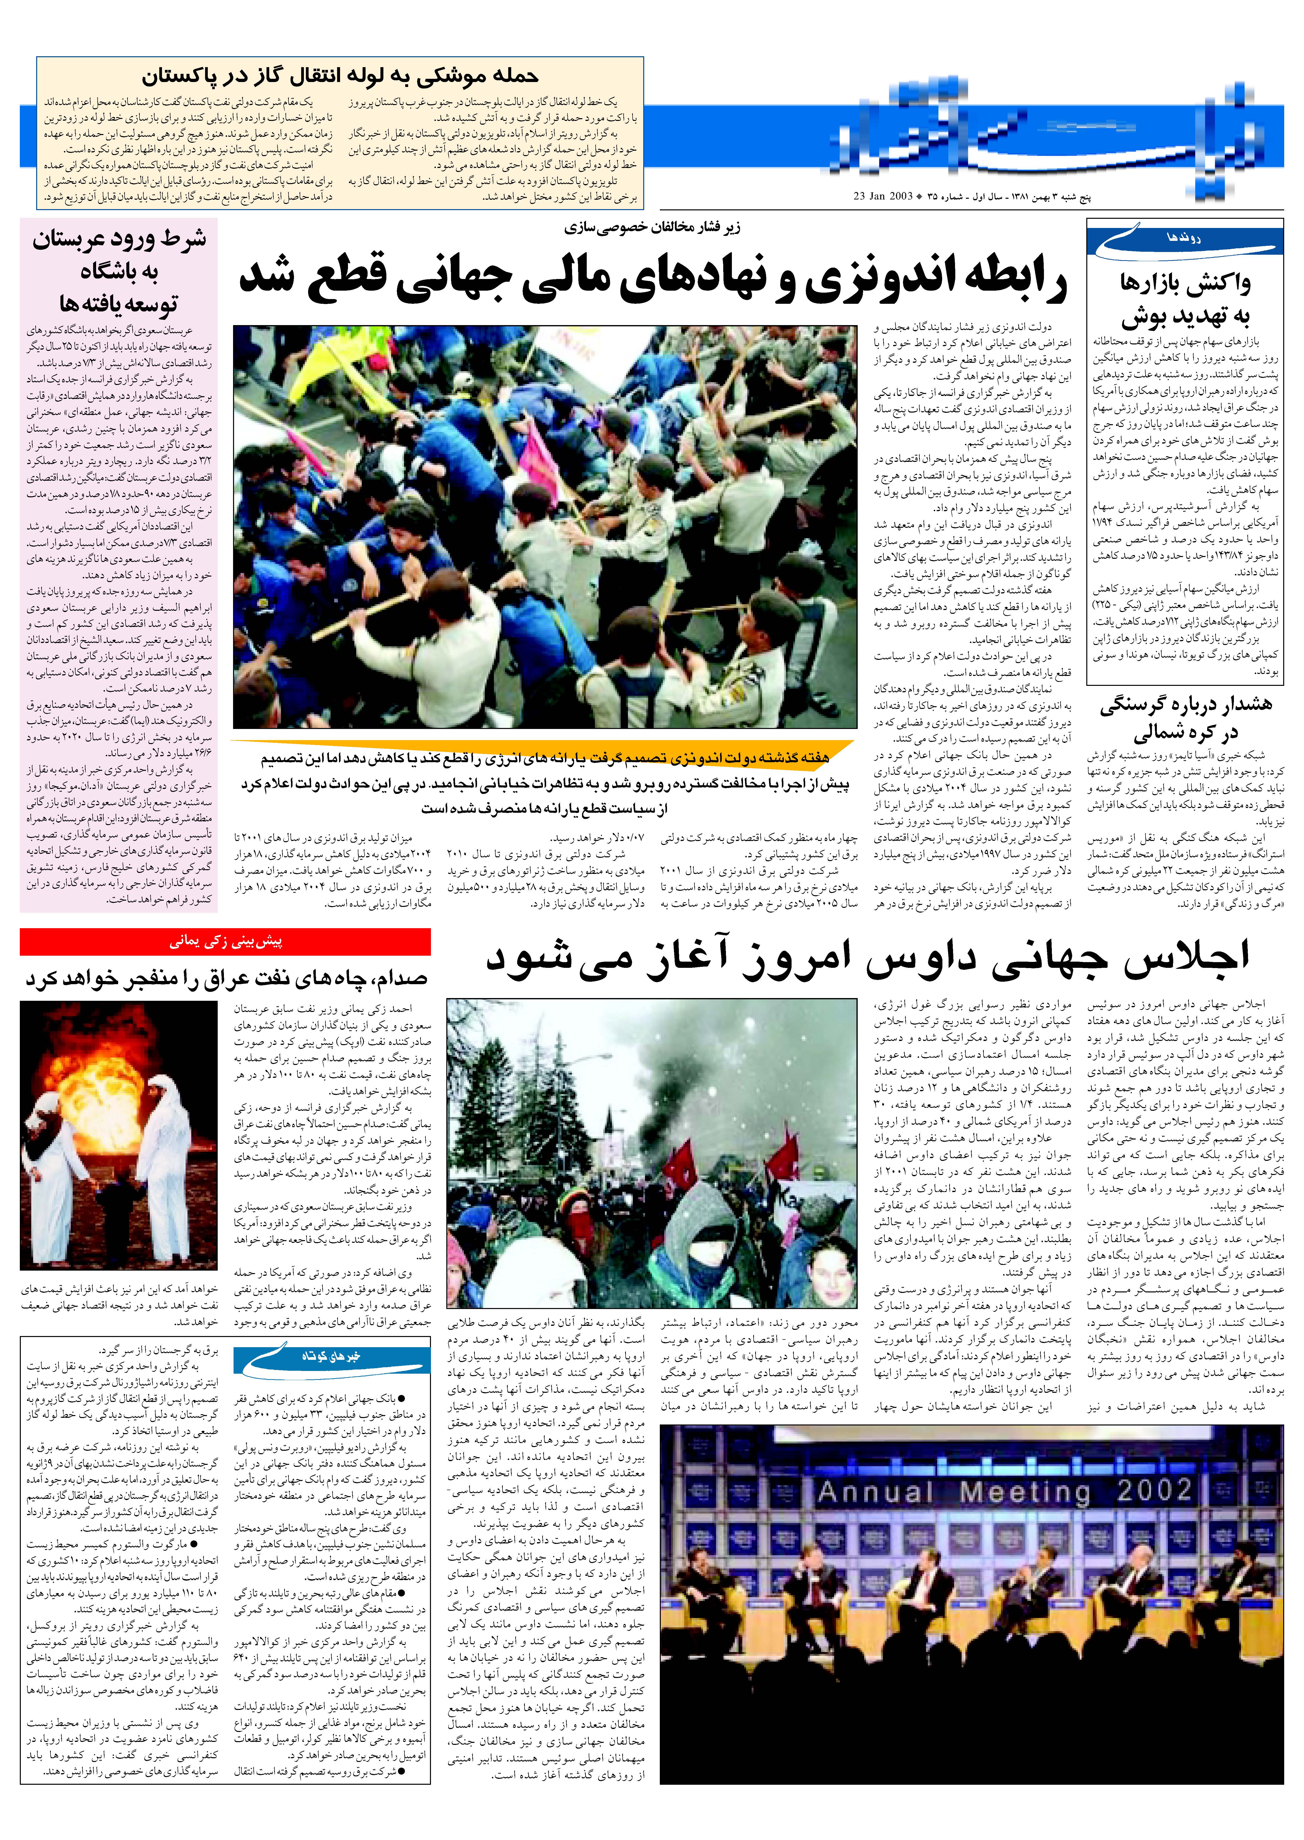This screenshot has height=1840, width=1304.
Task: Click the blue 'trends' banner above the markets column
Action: click(1184, 238)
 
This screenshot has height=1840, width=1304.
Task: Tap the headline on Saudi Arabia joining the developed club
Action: click(119, 271)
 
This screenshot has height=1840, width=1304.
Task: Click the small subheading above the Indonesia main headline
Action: click(652, 227)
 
